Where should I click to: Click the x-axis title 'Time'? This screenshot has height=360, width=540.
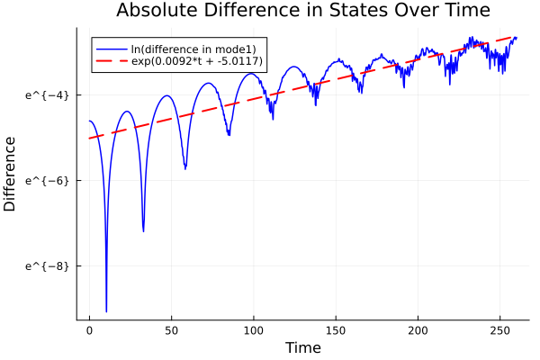point(302,347)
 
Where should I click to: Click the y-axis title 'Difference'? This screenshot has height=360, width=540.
point(10,174)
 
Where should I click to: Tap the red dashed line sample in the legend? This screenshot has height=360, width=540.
point(111,62)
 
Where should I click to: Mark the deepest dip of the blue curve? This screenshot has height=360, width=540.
point(106,311)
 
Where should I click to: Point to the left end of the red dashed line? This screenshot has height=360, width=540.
point(89,138)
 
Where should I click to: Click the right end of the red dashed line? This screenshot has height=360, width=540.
point(516,36)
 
